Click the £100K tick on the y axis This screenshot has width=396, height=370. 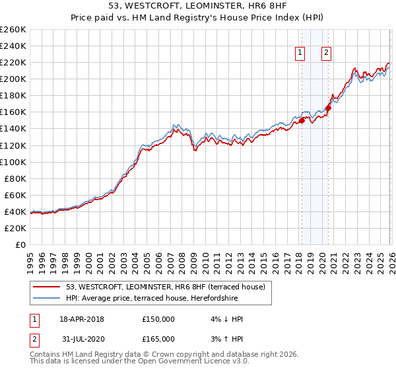(x=13, y=162)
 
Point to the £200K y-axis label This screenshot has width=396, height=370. (x=13, y=79)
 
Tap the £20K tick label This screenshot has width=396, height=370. (x=15, y=228)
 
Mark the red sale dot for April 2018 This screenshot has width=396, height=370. (x=302, y=120)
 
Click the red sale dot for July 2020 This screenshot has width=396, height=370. (x=328, y=108)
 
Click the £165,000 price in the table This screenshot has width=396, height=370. (x=158, y=339)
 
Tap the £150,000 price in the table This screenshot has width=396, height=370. (x=158, y=319)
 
